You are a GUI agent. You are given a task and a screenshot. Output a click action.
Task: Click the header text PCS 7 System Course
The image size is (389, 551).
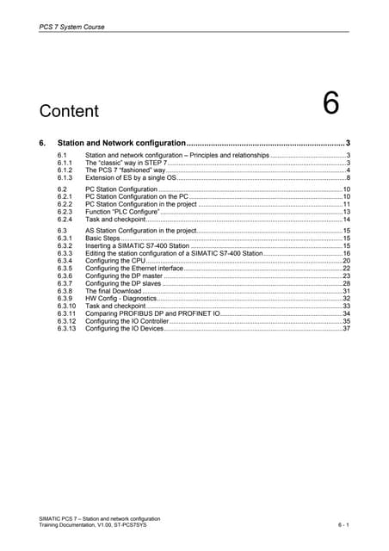point(73,27)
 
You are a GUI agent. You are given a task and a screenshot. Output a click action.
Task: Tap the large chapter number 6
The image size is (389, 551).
point(330,104)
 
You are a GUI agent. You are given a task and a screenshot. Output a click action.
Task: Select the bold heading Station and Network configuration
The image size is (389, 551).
point(121,142)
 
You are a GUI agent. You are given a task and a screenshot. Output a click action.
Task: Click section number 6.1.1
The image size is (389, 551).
point(65,162)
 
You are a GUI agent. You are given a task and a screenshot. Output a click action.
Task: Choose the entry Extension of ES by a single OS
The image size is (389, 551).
point(133,177)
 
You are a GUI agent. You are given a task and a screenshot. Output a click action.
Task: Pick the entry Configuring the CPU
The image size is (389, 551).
point(115,262)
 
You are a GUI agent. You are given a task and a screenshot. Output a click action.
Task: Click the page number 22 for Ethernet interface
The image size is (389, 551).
point(346,269)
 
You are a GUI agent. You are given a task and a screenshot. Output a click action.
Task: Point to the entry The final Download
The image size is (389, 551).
point(113,292)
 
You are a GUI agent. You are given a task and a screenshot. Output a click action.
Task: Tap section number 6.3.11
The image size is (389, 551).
point(66,314)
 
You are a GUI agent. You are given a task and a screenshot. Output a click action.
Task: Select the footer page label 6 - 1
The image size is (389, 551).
point(343,525)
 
